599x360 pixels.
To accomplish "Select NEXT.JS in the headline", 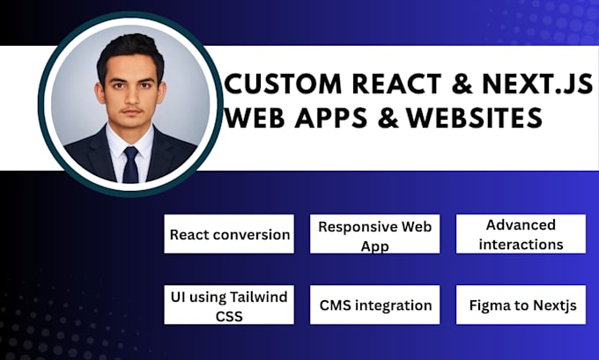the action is (537, 84).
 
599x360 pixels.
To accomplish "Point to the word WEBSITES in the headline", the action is (475, 118).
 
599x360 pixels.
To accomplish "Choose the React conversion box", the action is (229, 233).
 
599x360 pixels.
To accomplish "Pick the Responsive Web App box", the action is (374, 233).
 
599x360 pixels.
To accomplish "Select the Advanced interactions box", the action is (521, 233).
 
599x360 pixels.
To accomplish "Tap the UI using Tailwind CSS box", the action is (229, 305).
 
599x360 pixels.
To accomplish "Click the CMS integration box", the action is (374, 305).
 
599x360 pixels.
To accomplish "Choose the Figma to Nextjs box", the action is (521, 305).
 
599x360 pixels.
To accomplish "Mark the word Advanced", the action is (521, 224).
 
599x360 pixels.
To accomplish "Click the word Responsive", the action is (358, 227).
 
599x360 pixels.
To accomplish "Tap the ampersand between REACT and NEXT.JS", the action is (462, 84).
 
